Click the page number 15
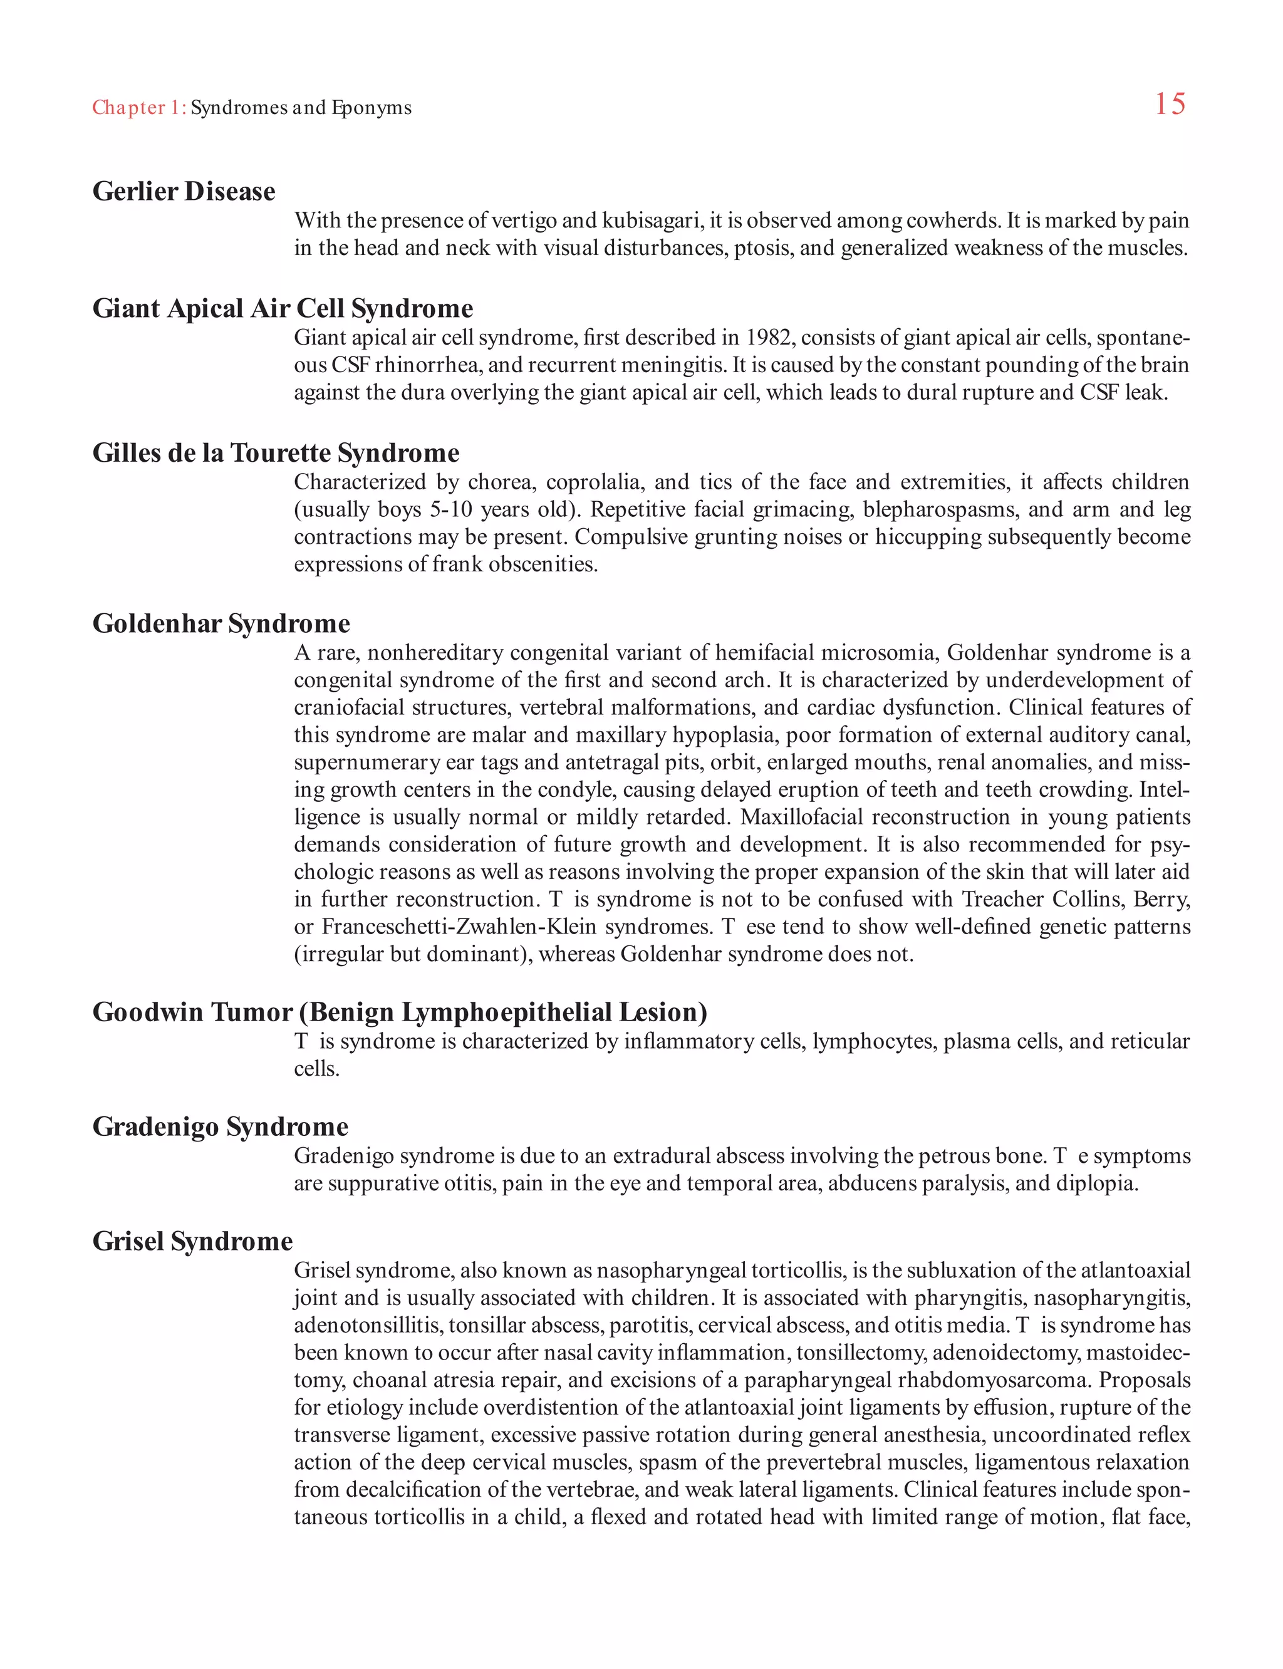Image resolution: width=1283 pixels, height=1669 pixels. (x=1169, y=104)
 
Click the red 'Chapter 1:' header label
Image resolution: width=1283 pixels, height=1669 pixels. (x=139, y=108)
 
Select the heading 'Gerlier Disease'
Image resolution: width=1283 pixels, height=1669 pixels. (x=184, y=191)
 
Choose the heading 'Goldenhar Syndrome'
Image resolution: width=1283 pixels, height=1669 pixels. (x=221, y=623)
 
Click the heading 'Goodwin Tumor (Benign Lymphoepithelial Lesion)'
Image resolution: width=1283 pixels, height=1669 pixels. (x=400, y=1011)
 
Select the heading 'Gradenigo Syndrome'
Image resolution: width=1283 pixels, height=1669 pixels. (x=220, y=1126)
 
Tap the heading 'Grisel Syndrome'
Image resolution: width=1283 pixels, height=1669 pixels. (x=192, y=1240)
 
